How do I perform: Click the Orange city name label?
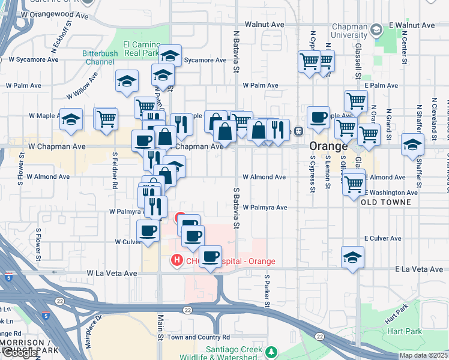click(x=328, y=146)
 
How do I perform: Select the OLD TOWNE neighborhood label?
click(x=386, y=202)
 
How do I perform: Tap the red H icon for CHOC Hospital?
click(x=176, y=260)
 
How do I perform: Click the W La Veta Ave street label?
click(x=112, y=273)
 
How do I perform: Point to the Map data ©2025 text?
click(x=423, y=355)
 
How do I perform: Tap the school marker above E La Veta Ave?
click(x=352, y=257)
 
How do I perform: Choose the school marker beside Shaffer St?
click(x=412, y=144)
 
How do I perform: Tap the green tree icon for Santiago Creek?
click(x=271, y=351)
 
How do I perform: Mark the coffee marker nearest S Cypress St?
click(x=318, y=117)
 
